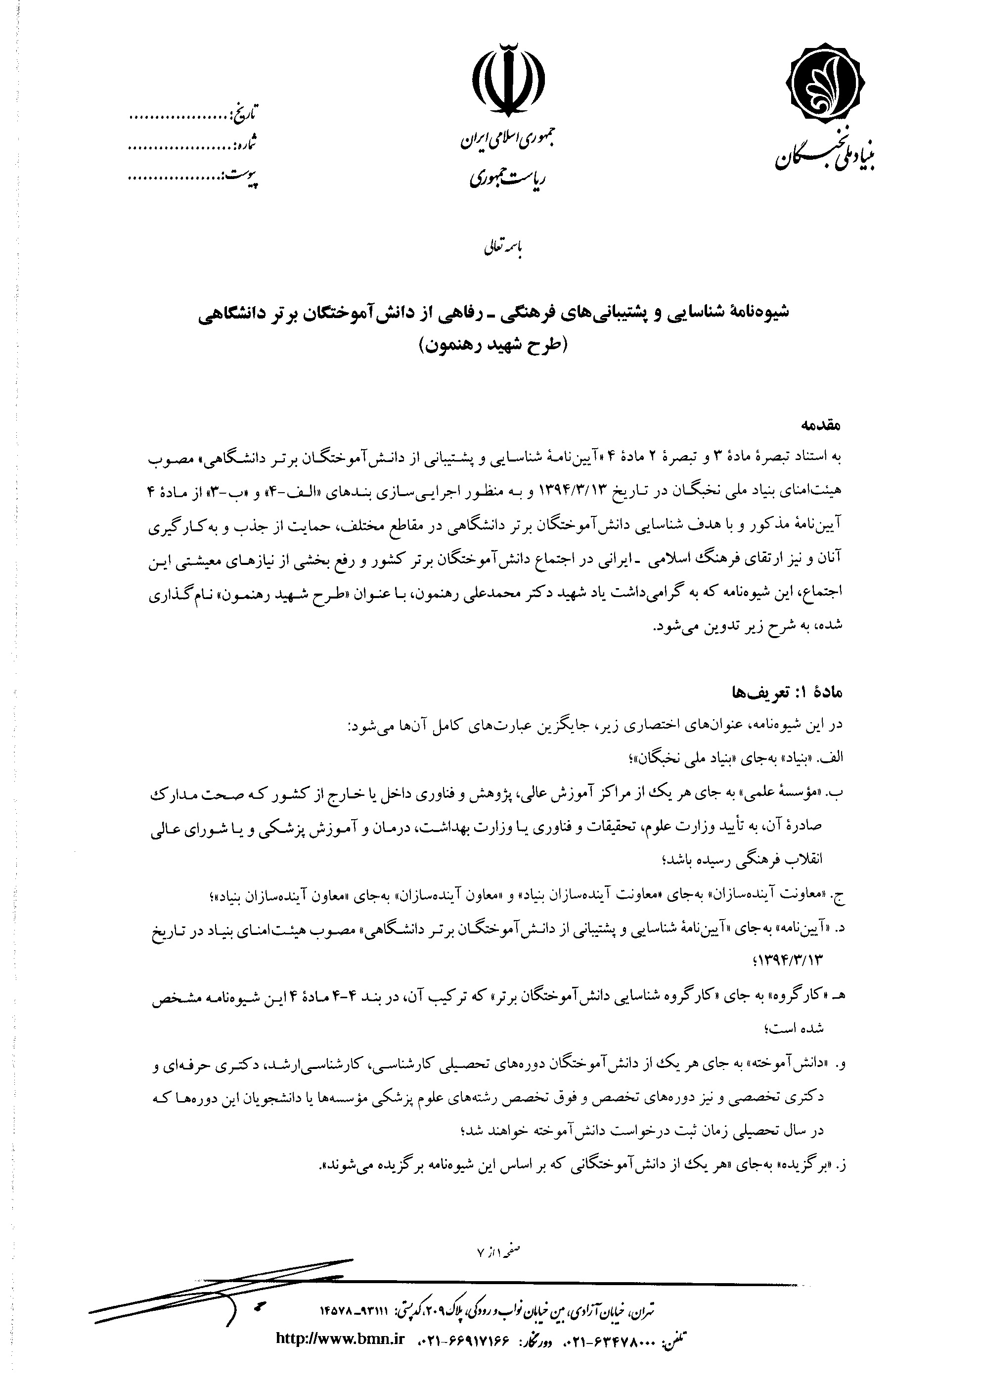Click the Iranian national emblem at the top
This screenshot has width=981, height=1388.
pos(508,79)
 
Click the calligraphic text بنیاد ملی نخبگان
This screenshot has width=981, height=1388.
pos(825,154)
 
